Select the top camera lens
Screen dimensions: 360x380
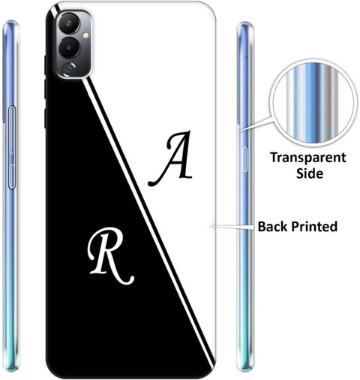(68, 23)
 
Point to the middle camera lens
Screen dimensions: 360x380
(69, 47)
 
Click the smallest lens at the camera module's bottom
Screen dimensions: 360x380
(69, 68)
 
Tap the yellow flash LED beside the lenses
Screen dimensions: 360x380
(85, 35)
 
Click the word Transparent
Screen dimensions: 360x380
(308, 158)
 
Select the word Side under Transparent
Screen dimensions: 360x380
(310, 173)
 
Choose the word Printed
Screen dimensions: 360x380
(314, 227)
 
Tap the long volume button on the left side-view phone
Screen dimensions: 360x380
(12, 129)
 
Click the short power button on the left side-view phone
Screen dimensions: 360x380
(12, 176)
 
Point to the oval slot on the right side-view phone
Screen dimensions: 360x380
(244, 159)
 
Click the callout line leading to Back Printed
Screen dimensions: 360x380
(232, 227)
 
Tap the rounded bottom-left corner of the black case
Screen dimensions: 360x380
(51, 370)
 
